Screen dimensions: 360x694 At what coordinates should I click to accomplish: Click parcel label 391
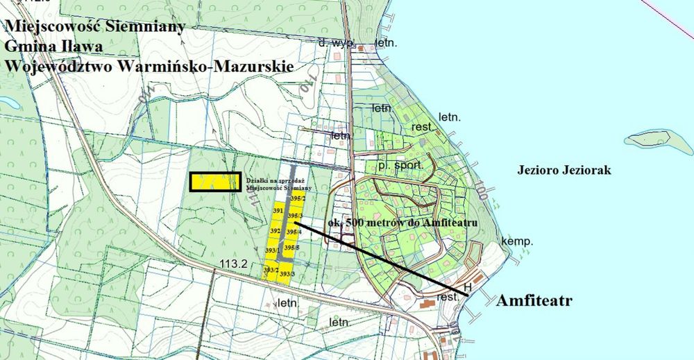click(277, 210)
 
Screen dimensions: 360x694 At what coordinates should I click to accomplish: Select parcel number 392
click(275, 231)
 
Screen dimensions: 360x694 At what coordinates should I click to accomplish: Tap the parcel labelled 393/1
click(273, 250)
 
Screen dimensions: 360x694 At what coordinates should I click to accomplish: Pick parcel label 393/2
click(271, 270)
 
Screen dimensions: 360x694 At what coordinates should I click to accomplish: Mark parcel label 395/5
click(293, 248)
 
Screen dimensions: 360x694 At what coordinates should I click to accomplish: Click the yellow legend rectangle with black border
click(216, 182)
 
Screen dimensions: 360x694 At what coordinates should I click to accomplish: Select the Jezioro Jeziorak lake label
click(564, 170)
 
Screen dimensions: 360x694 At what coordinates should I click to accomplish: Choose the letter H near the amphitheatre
click(467, 286)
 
